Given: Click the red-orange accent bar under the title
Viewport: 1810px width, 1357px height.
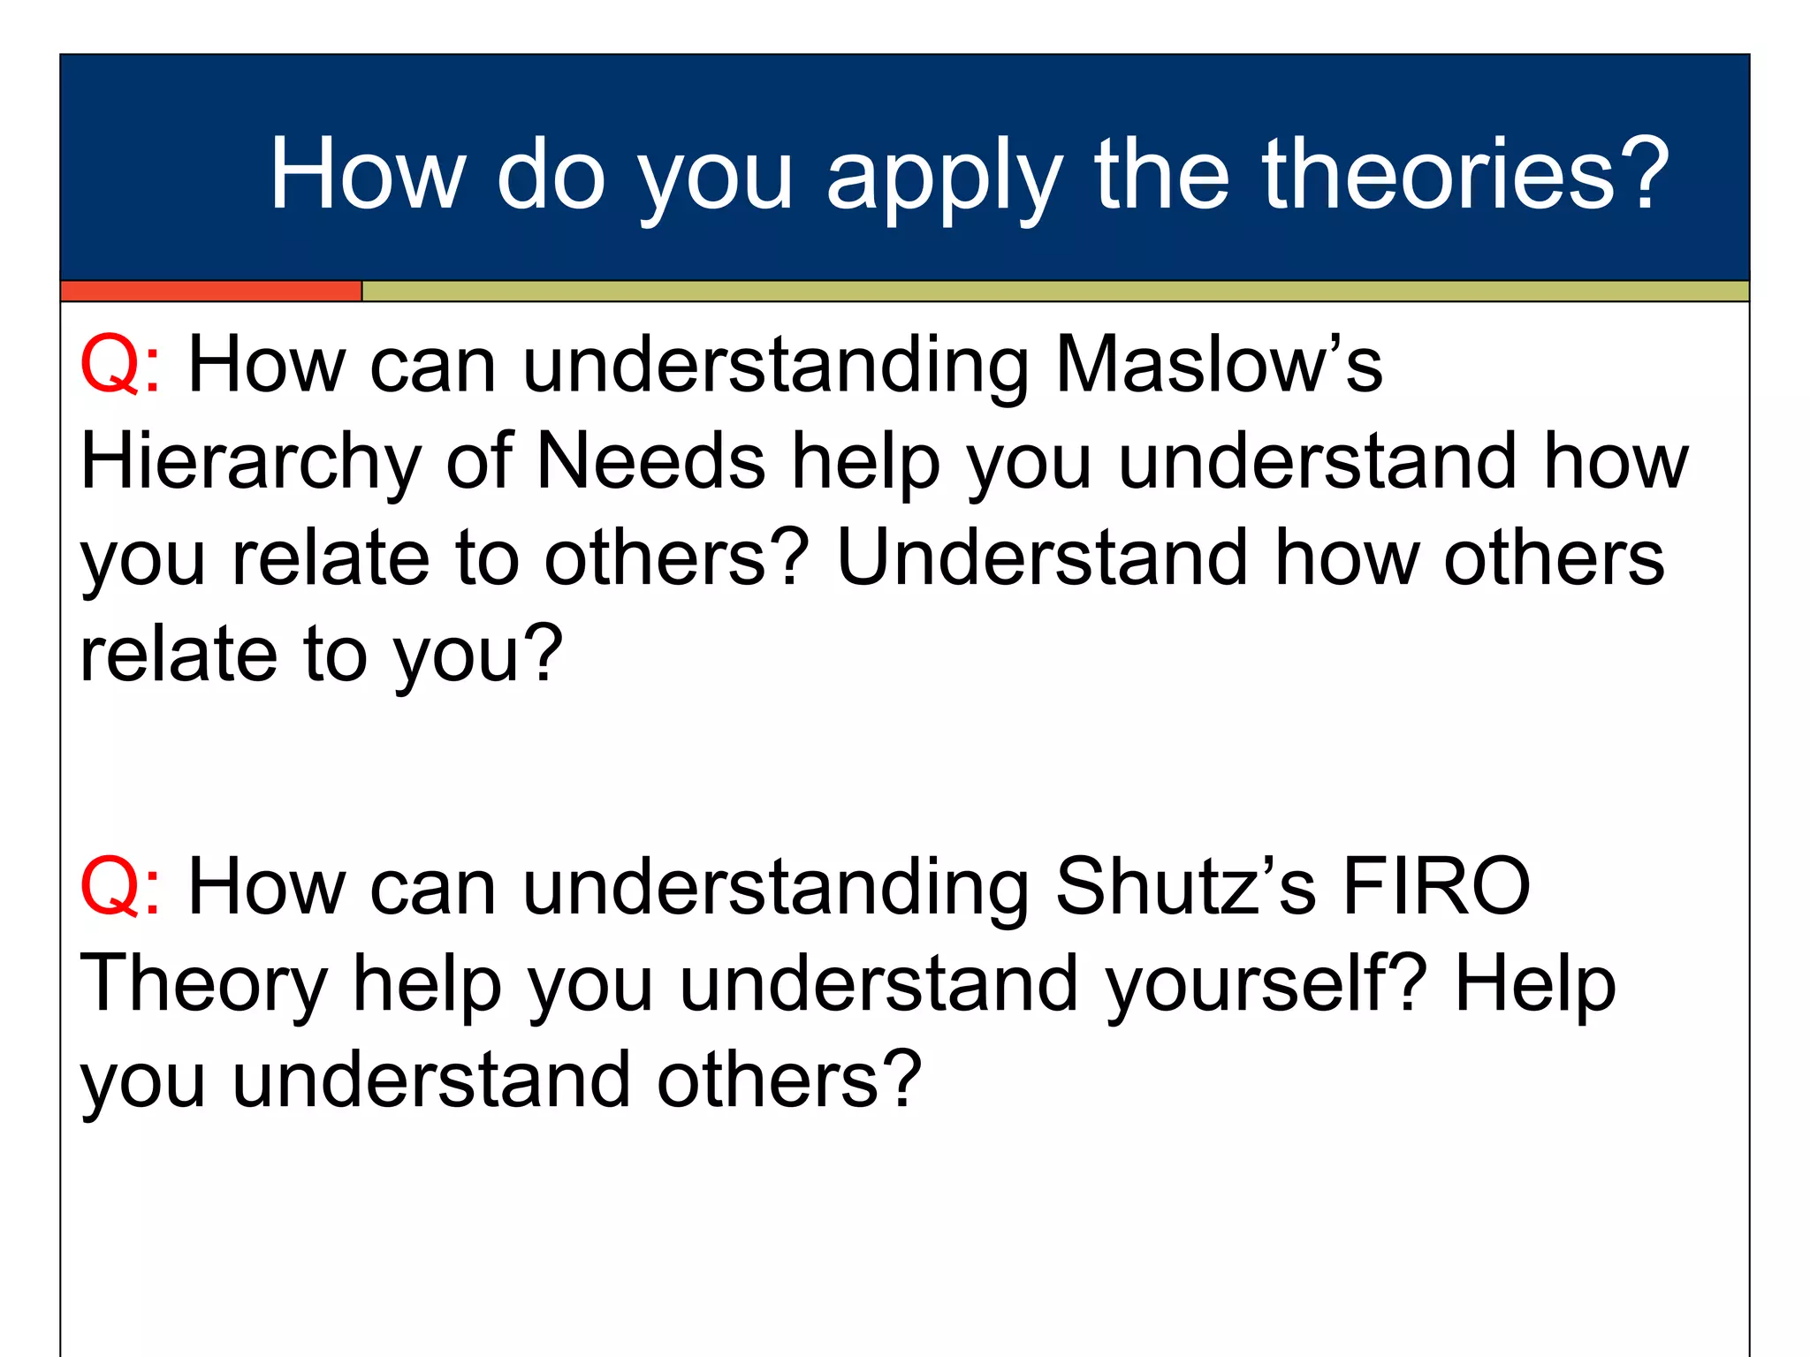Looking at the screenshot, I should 211,292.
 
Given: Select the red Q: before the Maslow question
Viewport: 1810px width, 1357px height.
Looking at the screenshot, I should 120,365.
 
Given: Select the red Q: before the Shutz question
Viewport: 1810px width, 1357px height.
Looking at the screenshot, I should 120,887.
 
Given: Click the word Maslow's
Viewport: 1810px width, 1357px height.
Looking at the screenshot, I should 1219,365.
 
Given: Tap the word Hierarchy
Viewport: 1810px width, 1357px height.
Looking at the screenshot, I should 251,463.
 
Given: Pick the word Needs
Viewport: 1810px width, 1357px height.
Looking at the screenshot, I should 650,461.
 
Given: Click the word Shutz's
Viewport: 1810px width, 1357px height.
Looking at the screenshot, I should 1185,887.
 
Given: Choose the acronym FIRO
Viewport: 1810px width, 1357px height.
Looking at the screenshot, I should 1436,887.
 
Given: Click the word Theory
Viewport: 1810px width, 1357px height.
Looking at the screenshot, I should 204,985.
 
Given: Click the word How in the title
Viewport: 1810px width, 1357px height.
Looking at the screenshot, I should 368,174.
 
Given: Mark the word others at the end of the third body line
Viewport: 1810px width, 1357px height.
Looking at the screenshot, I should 1554,557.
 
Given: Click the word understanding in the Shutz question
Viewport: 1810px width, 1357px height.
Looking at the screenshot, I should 776,889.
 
